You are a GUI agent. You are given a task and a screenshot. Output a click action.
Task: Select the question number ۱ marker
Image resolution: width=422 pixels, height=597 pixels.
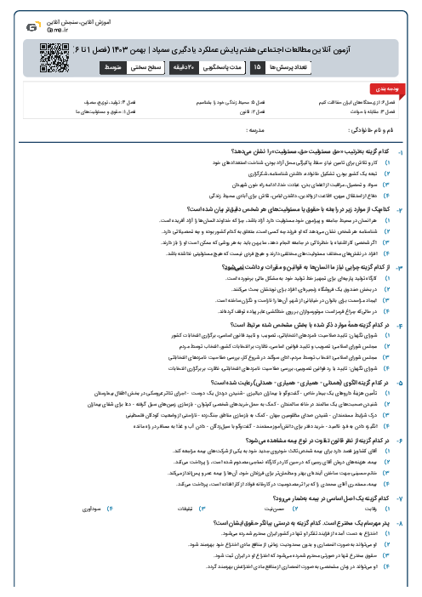pyautogui.click(x=412, y=151)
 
